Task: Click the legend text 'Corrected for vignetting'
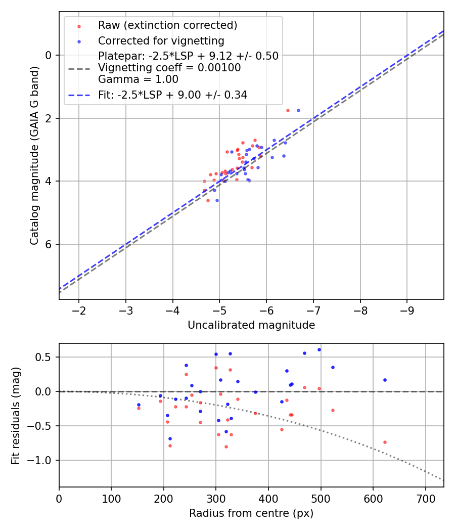161,40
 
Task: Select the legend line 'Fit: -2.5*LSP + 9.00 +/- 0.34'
79,95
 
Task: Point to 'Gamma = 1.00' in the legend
138,79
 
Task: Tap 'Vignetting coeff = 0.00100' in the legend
169,68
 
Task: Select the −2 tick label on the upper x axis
79,309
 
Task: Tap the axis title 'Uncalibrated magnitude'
251,325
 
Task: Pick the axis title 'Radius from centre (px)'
251,513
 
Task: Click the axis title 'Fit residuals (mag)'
15,415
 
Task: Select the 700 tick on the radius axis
425,498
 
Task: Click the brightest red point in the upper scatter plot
288,110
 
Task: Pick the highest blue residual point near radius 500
319,349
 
